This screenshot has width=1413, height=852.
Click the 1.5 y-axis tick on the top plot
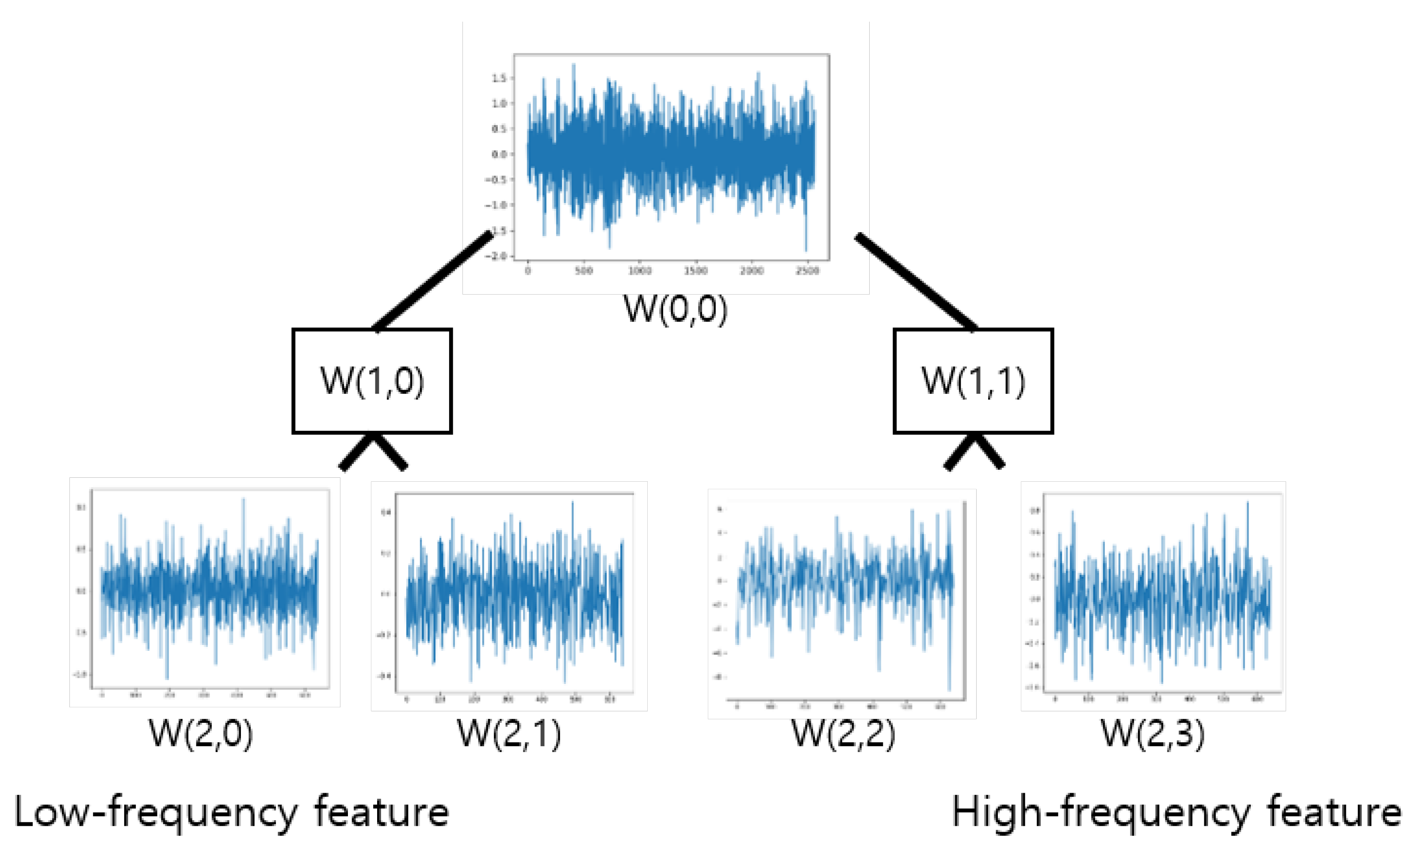point(499,78)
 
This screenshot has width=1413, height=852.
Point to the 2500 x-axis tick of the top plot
point(807,270)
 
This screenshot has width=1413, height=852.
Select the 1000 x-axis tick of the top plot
point(639,270)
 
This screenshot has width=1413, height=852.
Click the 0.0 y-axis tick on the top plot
point(499,154)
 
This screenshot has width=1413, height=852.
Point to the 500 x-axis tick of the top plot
point(583,270)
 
